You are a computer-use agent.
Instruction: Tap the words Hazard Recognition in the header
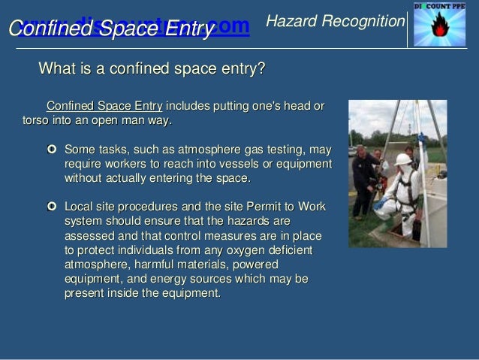tap(336, 23)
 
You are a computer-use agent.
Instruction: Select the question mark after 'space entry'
tap(261, 70)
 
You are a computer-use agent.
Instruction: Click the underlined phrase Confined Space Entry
tap(104, 106)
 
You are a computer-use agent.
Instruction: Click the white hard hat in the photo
tap(403, 159)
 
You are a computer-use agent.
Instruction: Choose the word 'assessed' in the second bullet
tap(88, 235)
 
